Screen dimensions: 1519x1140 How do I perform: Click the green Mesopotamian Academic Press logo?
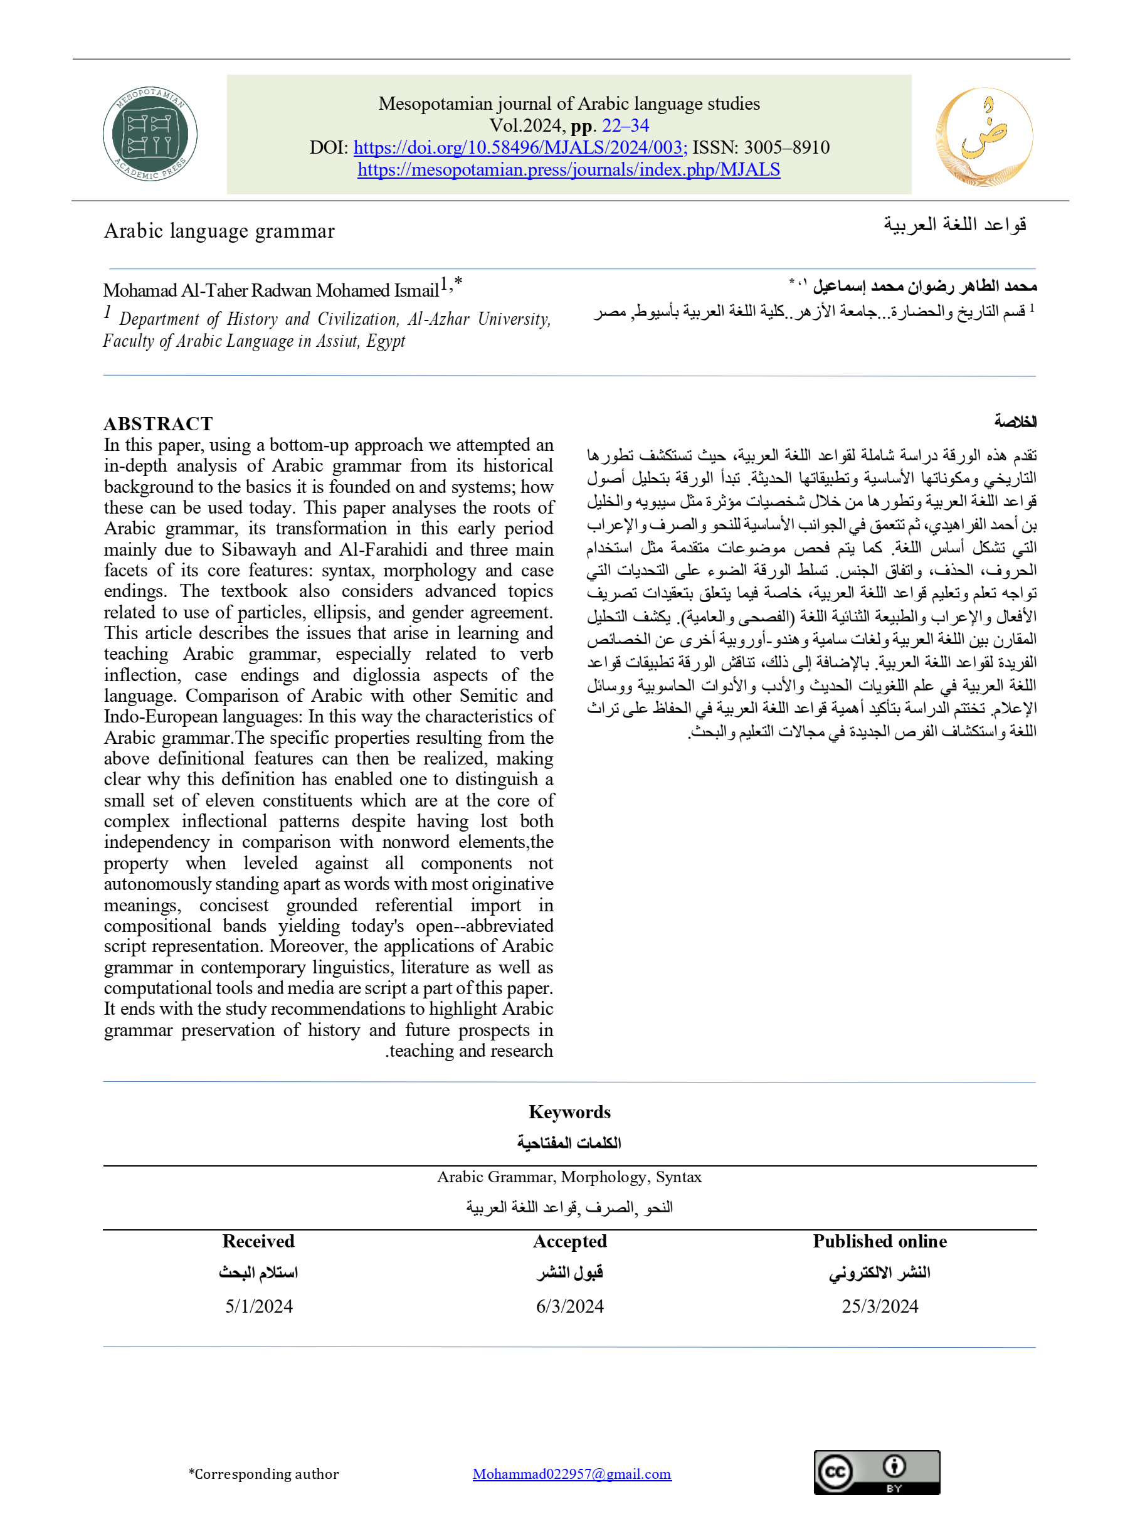150,135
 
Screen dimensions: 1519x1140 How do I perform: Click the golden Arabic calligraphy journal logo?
983,136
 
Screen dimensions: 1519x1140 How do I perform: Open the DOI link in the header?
519,147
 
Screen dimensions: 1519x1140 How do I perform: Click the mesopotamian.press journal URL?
569,169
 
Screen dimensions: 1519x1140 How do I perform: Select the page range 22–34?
625,125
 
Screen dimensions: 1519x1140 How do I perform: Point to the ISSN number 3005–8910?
786,147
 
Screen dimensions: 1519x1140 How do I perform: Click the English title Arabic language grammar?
219,231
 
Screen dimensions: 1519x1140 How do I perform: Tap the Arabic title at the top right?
954,225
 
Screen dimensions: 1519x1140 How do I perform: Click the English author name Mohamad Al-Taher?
271,290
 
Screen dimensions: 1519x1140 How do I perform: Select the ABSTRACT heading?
159,424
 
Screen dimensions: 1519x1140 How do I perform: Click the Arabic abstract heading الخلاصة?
1015,421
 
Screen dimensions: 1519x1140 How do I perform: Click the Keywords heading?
569,1113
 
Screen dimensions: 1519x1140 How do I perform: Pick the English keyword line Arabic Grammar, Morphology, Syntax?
569,1177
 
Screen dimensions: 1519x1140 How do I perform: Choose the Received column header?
258,1242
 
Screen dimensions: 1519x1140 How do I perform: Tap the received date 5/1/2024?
259,1306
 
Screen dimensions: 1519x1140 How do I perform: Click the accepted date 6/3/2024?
569,1306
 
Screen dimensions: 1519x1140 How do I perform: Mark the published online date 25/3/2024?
880,1306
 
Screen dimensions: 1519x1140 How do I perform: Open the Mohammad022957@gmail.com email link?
572,1474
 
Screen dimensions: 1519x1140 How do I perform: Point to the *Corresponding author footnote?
264,1474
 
